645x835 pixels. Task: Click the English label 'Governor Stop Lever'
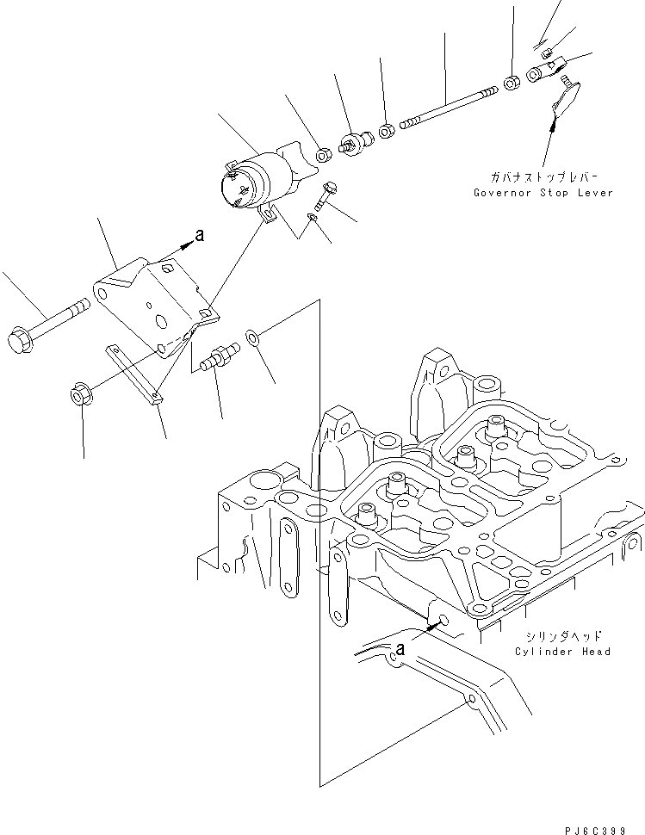(543, 193)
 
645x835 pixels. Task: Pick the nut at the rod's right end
(511, 83)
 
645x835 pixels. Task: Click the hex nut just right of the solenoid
(325, 155)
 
